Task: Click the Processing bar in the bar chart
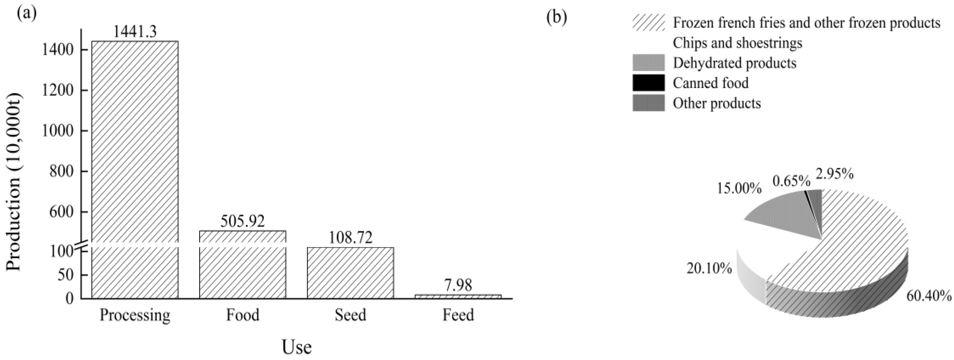135,167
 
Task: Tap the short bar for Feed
458,296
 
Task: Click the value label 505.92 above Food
243,221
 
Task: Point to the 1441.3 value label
135,31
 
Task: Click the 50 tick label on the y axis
66,275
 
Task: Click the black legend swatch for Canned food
648,83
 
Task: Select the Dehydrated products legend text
734,63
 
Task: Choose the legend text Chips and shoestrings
737,43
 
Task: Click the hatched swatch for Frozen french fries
648,23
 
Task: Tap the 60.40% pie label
929,306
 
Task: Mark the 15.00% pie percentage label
739,188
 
